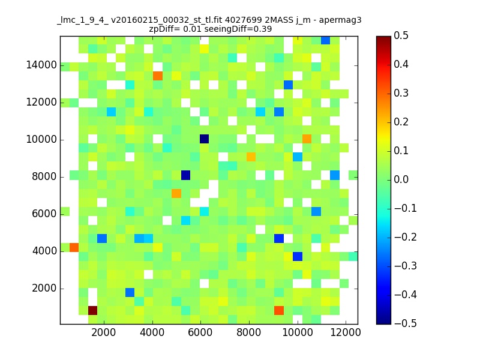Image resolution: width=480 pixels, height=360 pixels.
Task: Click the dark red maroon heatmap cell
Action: (93, 310)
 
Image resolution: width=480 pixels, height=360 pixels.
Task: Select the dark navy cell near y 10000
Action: (204, 139)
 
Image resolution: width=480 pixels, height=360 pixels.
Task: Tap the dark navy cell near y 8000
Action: (185, 175)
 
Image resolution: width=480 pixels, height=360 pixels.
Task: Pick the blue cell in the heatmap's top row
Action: (325, 40)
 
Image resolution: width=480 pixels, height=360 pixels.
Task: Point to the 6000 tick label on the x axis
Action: (200, 332)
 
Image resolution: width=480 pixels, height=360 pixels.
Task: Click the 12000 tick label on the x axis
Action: (346, 332)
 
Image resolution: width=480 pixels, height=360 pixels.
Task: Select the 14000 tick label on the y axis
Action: (41, 65)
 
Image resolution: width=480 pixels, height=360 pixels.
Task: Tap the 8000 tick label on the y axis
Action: (44, 176)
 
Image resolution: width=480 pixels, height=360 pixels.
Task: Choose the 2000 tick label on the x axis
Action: (104, 332)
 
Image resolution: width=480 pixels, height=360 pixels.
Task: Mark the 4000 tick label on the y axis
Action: (44, 251)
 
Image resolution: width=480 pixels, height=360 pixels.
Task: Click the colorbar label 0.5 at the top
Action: (401, 35)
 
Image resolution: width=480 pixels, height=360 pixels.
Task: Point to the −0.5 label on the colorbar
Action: (406, 323)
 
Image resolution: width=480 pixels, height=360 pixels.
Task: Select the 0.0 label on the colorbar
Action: (401, 179)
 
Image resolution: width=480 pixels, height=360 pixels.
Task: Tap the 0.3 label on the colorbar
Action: (401, 93)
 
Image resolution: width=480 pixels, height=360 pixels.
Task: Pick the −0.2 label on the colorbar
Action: (406, 237)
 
